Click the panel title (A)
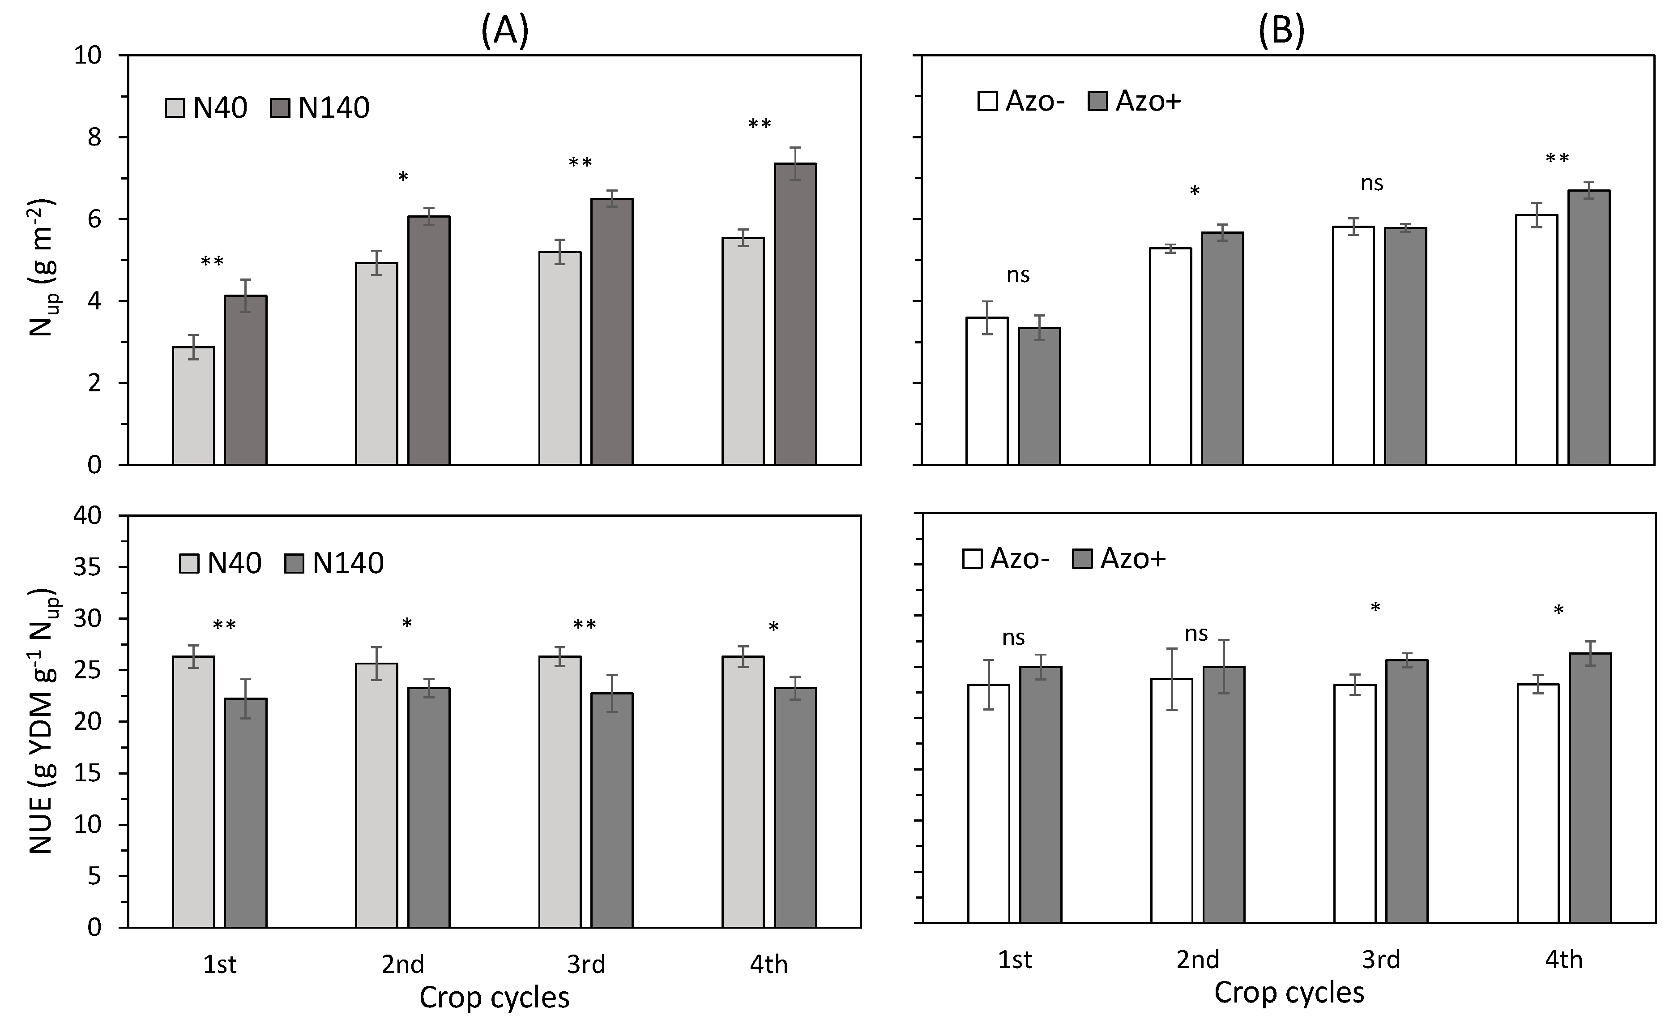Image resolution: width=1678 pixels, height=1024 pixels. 504,30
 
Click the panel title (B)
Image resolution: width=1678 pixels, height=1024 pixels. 1281,30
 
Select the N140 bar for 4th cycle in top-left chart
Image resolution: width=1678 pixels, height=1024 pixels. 795,313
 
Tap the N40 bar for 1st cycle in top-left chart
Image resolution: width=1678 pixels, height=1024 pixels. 193,406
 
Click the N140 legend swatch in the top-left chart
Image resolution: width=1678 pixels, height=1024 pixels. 280,107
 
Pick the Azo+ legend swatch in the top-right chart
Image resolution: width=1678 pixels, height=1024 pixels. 1097,101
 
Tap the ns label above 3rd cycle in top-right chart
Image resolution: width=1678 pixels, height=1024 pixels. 1371,183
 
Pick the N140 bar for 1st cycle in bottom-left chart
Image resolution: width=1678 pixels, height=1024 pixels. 245,812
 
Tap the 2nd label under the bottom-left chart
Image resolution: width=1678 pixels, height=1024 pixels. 402,964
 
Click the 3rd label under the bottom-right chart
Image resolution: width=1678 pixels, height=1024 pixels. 1380,959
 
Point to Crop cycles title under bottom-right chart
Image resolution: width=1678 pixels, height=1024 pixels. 1289,993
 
